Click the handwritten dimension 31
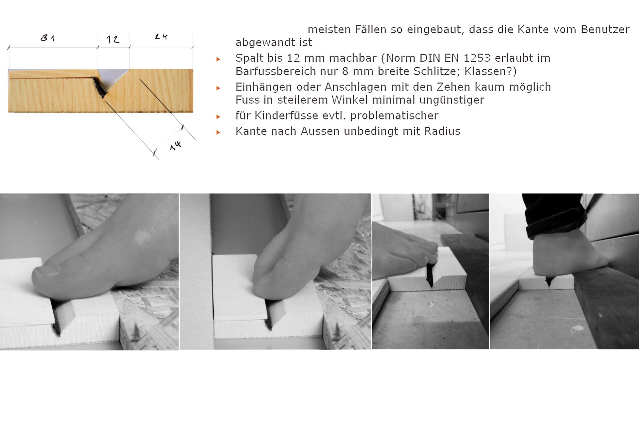click(x=47, y=38)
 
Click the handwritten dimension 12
click(x=113, y=40)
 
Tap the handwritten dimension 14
click(x=175, y=145)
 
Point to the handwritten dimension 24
click(x=161, y=36)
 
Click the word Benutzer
click(x=605, y=29)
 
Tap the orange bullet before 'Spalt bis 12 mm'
click(x=218, y=59)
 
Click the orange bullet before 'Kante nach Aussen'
click(x=218, y=132)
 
